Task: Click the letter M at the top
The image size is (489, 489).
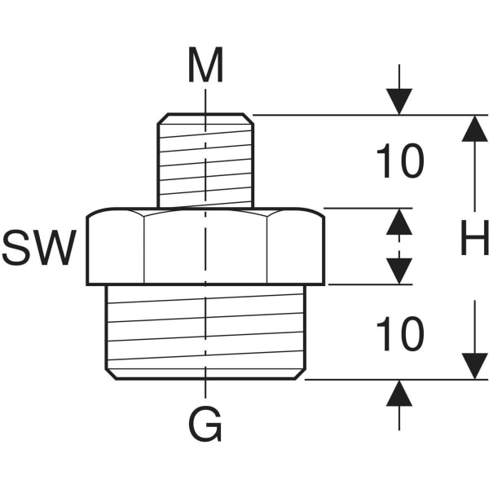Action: tap(205, 66)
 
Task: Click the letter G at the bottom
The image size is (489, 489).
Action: tap(205, 425)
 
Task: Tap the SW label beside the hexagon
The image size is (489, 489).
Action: tap(38, 249)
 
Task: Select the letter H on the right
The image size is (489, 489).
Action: tap(474, 240)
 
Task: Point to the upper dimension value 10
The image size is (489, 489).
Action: tap(399, 162)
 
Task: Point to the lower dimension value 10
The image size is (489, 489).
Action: tap(399, 334)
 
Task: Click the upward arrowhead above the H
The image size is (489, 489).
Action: tap(474, 129)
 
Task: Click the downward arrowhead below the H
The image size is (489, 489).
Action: tap(474, 365)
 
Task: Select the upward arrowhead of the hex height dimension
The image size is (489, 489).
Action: tap(399, 222)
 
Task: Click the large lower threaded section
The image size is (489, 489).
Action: tap(205, 330)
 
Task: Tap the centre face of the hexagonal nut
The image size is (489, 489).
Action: tap(205, 249)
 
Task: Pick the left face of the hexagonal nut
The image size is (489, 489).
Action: tap(116, 249)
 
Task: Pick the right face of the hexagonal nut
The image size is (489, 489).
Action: tap(295, 249)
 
